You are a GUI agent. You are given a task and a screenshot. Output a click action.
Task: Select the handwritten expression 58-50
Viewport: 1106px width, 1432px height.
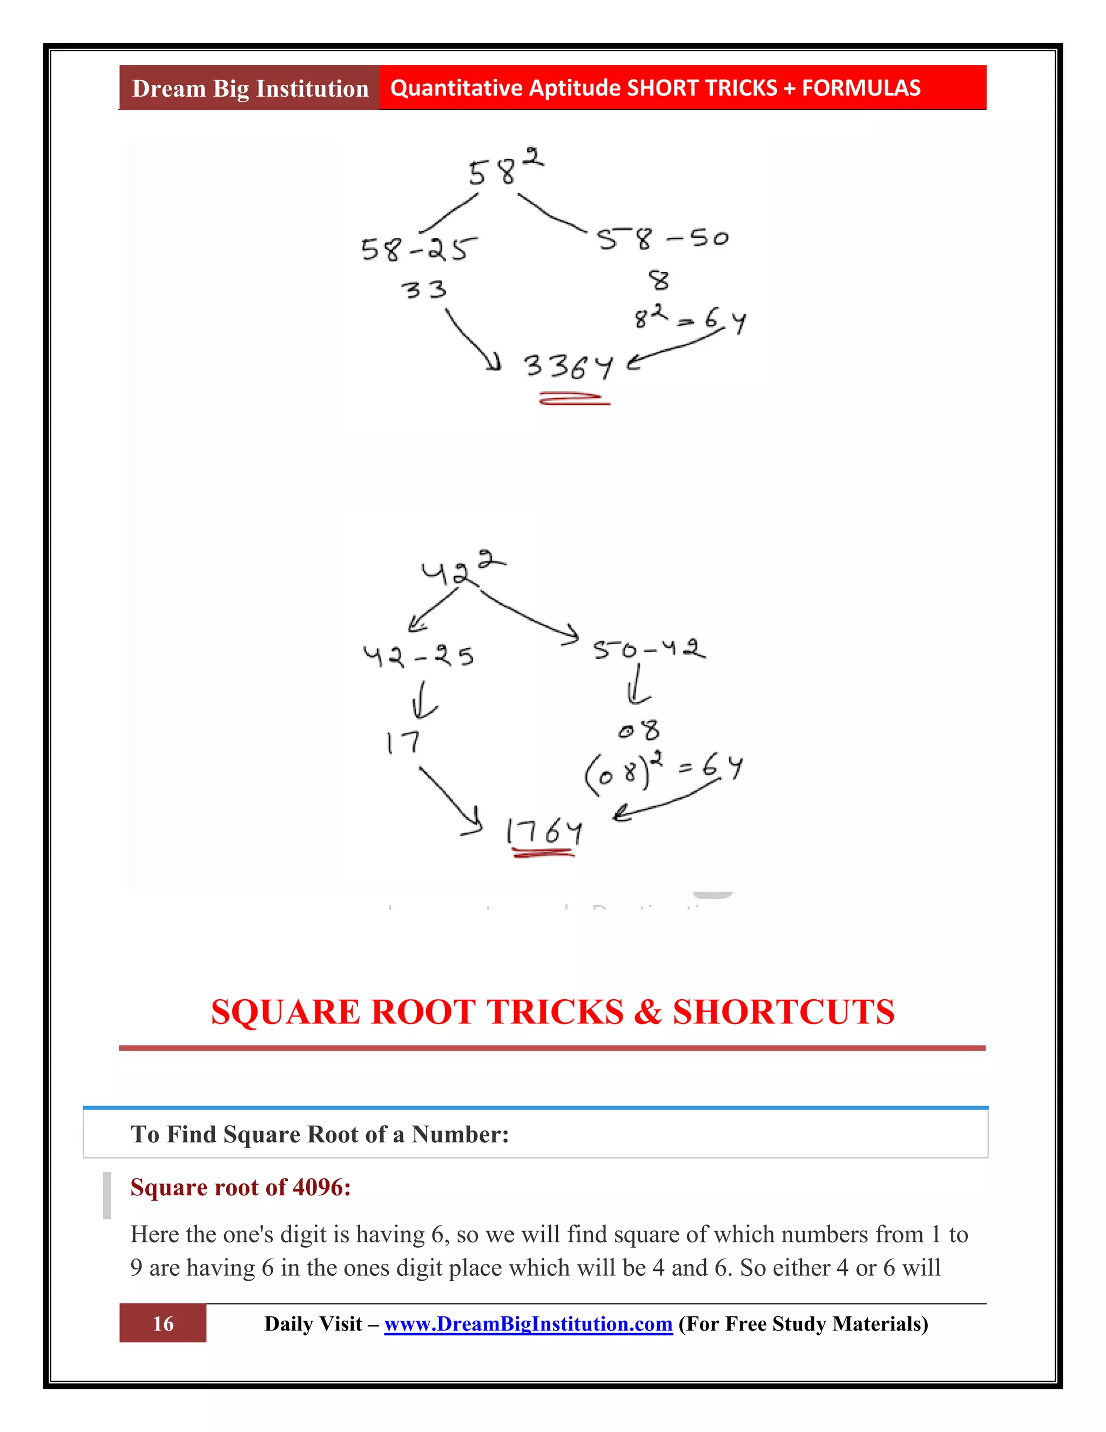pyautogui.click(x=662, y=239)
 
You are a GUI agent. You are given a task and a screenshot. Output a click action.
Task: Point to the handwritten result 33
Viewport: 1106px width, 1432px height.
pyautogui.click(x=423, y=289)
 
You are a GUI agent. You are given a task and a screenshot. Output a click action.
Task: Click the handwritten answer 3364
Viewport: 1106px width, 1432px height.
pyautogui.click(x=568, y=366)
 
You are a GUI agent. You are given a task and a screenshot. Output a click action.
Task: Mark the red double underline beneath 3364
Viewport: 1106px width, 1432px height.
pyautogui.click(x=574, y=399)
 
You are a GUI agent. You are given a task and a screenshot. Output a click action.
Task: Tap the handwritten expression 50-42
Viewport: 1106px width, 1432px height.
pyautogui.click(x=649, y=649)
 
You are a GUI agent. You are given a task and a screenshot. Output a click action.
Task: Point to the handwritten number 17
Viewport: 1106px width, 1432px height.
pyautogui.click(x=402, y=743)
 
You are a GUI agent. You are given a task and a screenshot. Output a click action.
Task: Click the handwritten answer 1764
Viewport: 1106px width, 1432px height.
pyautogui.click(x=544, y=832)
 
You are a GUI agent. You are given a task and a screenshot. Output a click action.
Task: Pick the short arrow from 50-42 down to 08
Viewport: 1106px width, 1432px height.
pyautogui.click(x=638, y=686)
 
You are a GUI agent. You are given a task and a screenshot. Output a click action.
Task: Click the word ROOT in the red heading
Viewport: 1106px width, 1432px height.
pyautogui.click(x=423, y=1012)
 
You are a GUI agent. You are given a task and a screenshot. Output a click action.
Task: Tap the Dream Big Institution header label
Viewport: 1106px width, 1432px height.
pyautogui.click(x=249, y=88)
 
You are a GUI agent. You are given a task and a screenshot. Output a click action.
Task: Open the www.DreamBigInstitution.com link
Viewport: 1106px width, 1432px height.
pyautogui.click(x=528, y=1324)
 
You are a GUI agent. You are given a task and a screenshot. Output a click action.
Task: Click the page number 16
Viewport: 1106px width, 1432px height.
pyautogui.click(x=163, y=1324)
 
